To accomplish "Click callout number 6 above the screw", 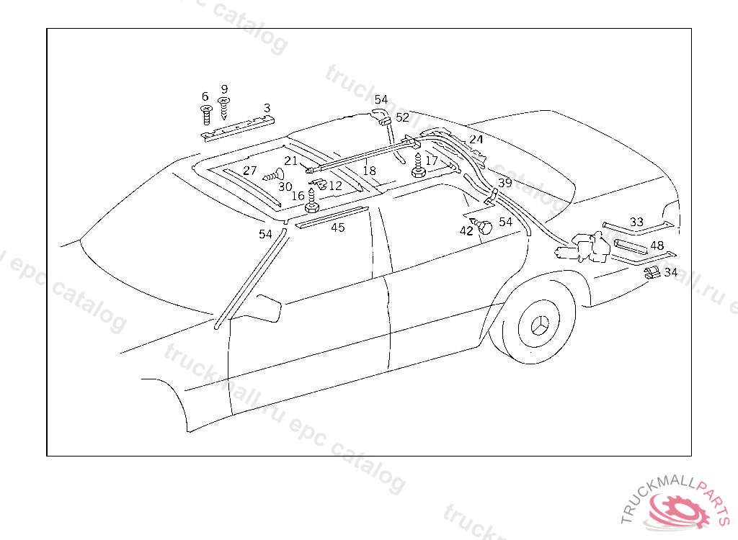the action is [x=205, y=96].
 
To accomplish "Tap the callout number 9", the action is [x=224, y=89].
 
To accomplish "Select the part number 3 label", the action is [x=267, y=108].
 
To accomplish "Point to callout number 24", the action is [x=476, y=139].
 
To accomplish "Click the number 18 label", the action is [x=369, y=170].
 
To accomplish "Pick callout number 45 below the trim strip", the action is [x=337, y=228].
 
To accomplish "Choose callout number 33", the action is [x=636, y=222].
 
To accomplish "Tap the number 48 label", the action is [x=657, y=246].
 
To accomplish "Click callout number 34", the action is [x=671, y=272].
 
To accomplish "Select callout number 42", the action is [x=466, y=231].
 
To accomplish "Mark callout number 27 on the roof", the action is [x=249, y=170].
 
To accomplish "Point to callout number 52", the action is [x=402, y=117].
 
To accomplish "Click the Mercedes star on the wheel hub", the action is [x=540, y=325].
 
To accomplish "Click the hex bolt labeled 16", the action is [x=311, y=201].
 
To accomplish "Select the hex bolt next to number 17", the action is [x=419, y=165].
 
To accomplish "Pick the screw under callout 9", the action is [x=224, y=108].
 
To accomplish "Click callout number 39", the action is [x=505, y=182].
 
